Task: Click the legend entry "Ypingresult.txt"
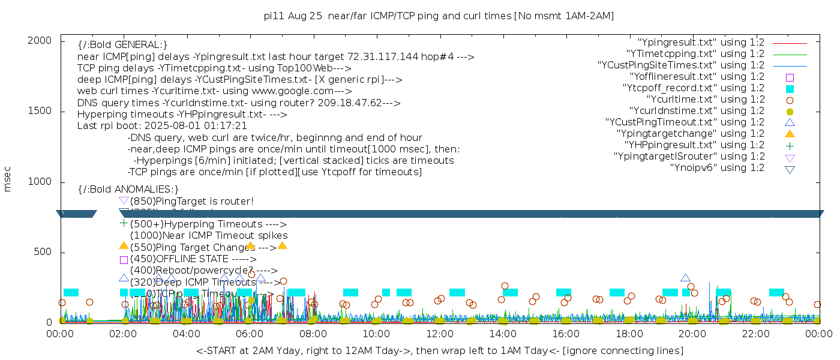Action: coord(700,43)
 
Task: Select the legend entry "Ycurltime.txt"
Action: coord(705,100)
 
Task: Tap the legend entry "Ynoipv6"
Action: coord(717,168)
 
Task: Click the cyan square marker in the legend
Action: coord(790,89)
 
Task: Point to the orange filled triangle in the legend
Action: coord(790,134)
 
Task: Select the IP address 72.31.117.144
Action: coord(380,57)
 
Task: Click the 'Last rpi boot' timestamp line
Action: coord(162,126)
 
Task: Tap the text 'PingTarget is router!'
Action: coord(191,201)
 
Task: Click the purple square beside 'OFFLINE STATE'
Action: coord(124,260)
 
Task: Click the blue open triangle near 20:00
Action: coord(685,278)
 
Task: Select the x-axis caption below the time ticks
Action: coord(439,350)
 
